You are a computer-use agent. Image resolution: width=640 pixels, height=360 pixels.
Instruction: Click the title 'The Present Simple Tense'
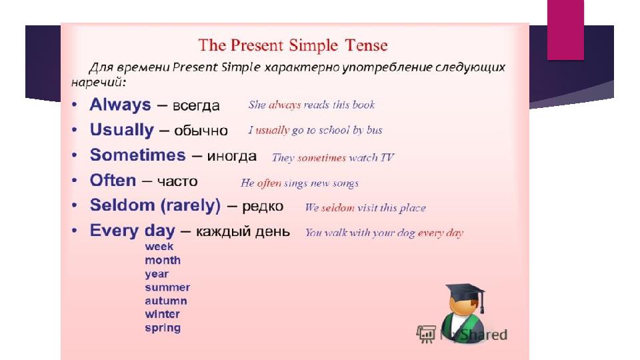293,45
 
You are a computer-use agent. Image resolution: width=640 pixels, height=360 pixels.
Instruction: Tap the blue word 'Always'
120,105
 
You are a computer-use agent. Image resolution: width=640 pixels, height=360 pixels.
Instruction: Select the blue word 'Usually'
121,130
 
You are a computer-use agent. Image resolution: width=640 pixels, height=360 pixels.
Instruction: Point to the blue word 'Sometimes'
137,155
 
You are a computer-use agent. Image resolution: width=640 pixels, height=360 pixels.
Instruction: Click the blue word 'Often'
113,180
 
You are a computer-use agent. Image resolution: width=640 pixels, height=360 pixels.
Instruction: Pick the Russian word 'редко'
263,207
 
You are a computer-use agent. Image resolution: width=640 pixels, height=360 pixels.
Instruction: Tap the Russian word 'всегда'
196,106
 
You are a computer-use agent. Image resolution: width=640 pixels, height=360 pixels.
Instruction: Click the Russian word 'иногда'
232,156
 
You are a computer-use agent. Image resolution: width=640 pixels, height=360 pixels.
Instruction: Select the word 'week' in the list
159,247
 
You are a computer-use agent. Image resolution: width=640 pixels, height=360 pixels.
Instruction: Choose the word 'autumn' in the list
166,301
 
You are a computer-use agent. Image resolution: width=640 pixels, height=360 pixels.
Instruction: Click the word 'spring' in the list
163,328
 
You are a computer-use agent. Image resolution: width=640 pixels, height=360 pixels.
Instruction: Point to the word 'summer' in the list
167,287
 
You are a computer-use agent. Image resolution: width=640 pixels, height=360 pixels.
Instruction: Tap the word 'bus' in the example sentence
374,130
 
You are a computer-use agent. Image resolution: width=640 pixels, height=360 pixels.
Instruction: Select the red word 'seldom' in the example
337,208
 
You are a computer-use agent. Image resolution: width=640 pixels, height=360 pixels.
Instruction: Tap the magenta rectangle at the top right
565,30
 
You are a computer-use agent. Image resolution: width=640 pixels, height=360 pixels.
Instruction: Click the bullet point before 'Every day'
74,231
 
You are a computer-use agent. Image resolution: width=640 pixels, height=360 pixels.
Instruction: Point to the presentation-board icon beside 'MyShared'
426,334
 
